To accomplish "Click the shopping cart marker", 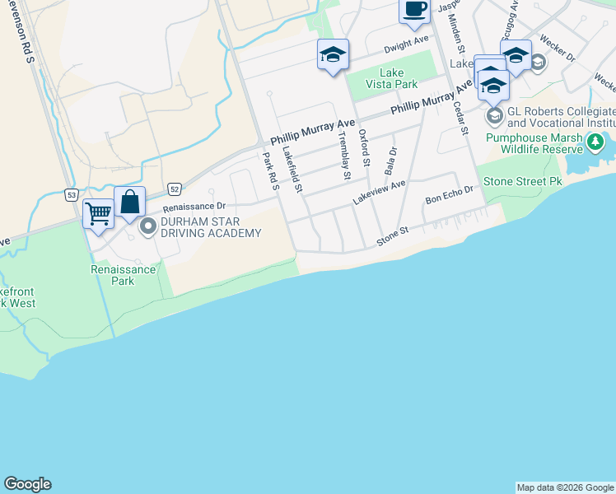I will (x=98, y=215).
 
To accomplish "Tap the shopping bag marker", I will (x=130, y=202).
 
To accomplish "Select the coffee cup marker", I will (x=414, y=10).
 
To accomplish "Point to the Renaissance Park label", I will (x=124, y=275).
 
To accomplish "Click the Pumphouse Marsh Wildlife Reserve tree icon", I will (x=595, y=143).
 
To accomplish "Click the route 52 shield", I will (x=175, y=189).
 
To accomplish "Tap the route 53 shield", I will (x=72, y=194).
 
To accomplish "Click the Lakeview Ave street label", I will (x=380, y=193).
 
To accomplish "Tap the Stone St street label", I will (x=393, y=235).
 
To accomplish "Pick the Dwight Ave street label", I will (x=407, y=40).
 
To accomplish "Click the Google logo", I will (x=27, y=484).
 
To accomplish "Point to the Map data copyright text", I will (x=565, y=487).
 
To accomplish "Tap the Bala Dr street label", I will (x=391, y=161).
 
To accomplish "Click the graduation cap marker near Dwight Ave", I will (x=333, y=56).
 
